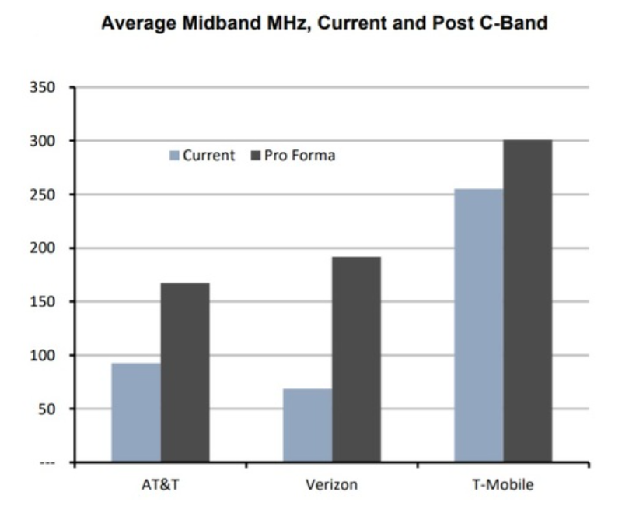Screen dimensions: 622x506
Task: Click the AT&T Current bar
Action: pyautogui.click(x=136, y=413)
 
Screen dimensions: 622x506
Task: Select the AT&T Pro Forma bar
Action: pyautogui.click(x=185, y=373)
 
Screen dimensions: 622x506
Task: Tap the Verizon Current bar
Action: pyautogui.click(x=307, y=425)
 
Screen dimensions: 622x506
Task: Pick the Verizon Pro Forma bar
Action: pyautogui.click(x=357, y=360)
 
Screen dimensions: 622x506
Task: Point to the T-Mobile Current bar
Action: pyautogui.click(x=479, y=325)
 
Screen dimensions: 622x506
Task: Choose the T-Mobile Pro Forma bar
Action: pyautogui.click(x=528, y=301)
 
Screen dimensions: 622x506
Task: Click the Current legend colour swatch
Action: pyautogui.click(x=174, y=155)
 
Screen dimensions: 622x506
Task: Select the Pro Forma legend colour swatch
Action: pyautogui.click(x=256, y=155)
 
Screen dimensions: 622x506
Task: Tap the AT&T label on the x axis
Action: pyautogui.click(x=160, y=485)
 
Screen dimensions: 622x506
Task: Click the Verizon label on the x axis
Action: pyautogui.click(x=332, y=485)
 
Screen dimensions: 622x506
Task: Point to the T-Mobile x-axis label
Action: pyautogui.click(x=503, y=485)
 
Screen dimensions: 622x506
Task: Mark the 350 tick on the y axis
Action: pyautogui.click(x=43, y=87)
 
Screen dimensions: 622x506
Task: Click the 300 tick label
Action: pyautogui.click(x=43, y=141)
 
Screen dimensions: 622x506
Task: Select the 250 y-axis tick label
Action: pyautogui.click(x=43, y=195)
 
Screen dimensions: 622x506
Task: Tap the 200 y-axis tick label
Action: pyautogui.click(x=43, y=248)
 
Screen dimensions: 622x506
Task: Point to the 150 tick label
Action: pyautogui.click(x=43, y=302)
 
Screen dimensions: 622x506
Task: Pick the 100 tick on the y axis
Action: pyautogui.click(x=43, y=356)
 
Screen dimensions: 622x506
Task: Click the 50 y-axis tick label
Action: pyautogui.click(x=47, y=409)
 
